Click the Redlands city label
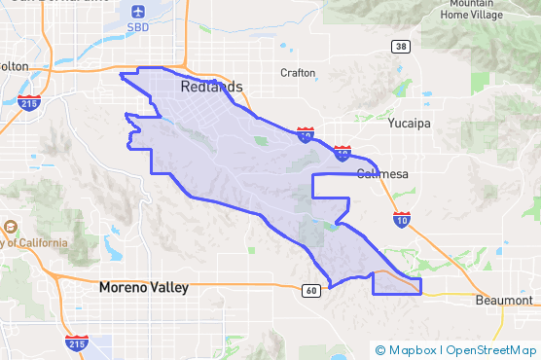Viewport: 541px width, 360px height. [211, 88]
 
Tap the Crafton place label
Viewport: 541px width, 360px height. [298, 73]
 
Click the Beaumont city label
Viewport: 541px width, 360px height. [504, 301]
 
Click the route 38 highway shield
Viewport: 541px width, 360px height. [400, 46]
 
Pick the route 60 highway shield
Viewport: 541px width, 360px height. [310, 290]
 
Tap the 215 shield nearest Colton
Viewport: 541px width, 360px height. [31, 101]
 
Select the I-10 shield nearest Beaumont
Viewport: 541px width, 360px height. [402, 220]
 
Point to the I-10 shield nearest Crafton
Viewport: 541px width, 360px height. [305, 135]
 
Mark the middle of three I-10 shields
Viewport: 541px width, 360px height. [342, 153]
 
